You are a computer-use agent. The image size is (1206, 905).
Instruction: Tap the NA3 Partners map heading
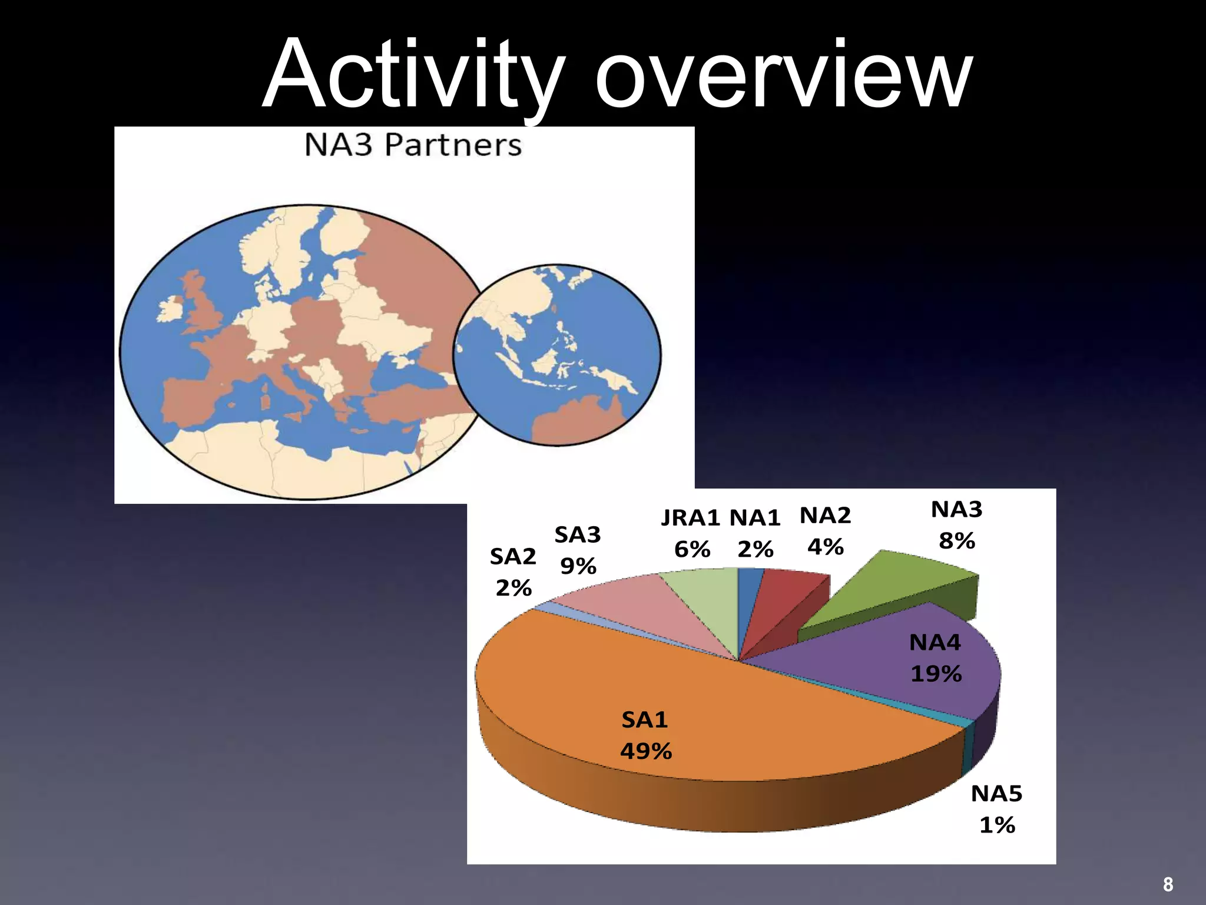point(413,145)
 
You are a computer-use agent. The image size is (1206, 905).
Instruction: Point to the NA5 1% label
point(996,809)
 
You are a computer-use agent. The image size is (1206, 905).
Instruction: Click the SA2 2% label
point(513,572)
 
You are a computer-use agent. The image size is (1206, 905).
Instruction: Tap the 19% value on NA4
point(936,673)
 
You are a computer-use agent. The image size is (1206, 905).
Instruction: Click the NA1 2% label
point(755,533)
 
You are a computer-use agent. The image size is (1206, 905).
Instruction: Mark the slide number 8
point(1168,884)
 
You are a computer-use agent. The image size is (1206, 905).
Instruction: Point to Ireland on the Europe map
point(170,311)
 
